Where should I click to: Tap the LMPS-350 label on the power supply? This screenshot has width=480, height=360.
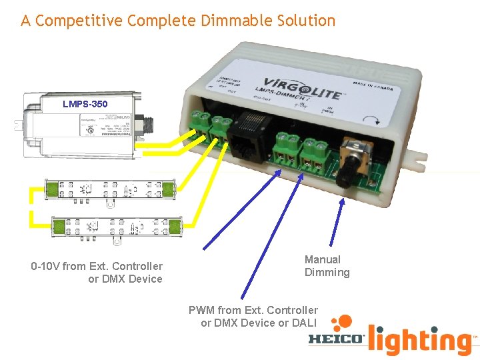pyautogui.click(x=85, y=104)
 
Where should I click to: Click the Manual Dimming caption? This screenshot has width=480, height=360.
pyautogui.click(x=327, y=266)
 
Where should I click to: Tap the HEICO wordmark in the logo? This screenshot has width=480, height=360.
pyautogui.click(x=336, y=339)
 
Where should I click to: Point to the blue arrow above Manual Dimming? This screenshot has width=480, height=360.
pyautogui.click(x=336, y=220)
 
